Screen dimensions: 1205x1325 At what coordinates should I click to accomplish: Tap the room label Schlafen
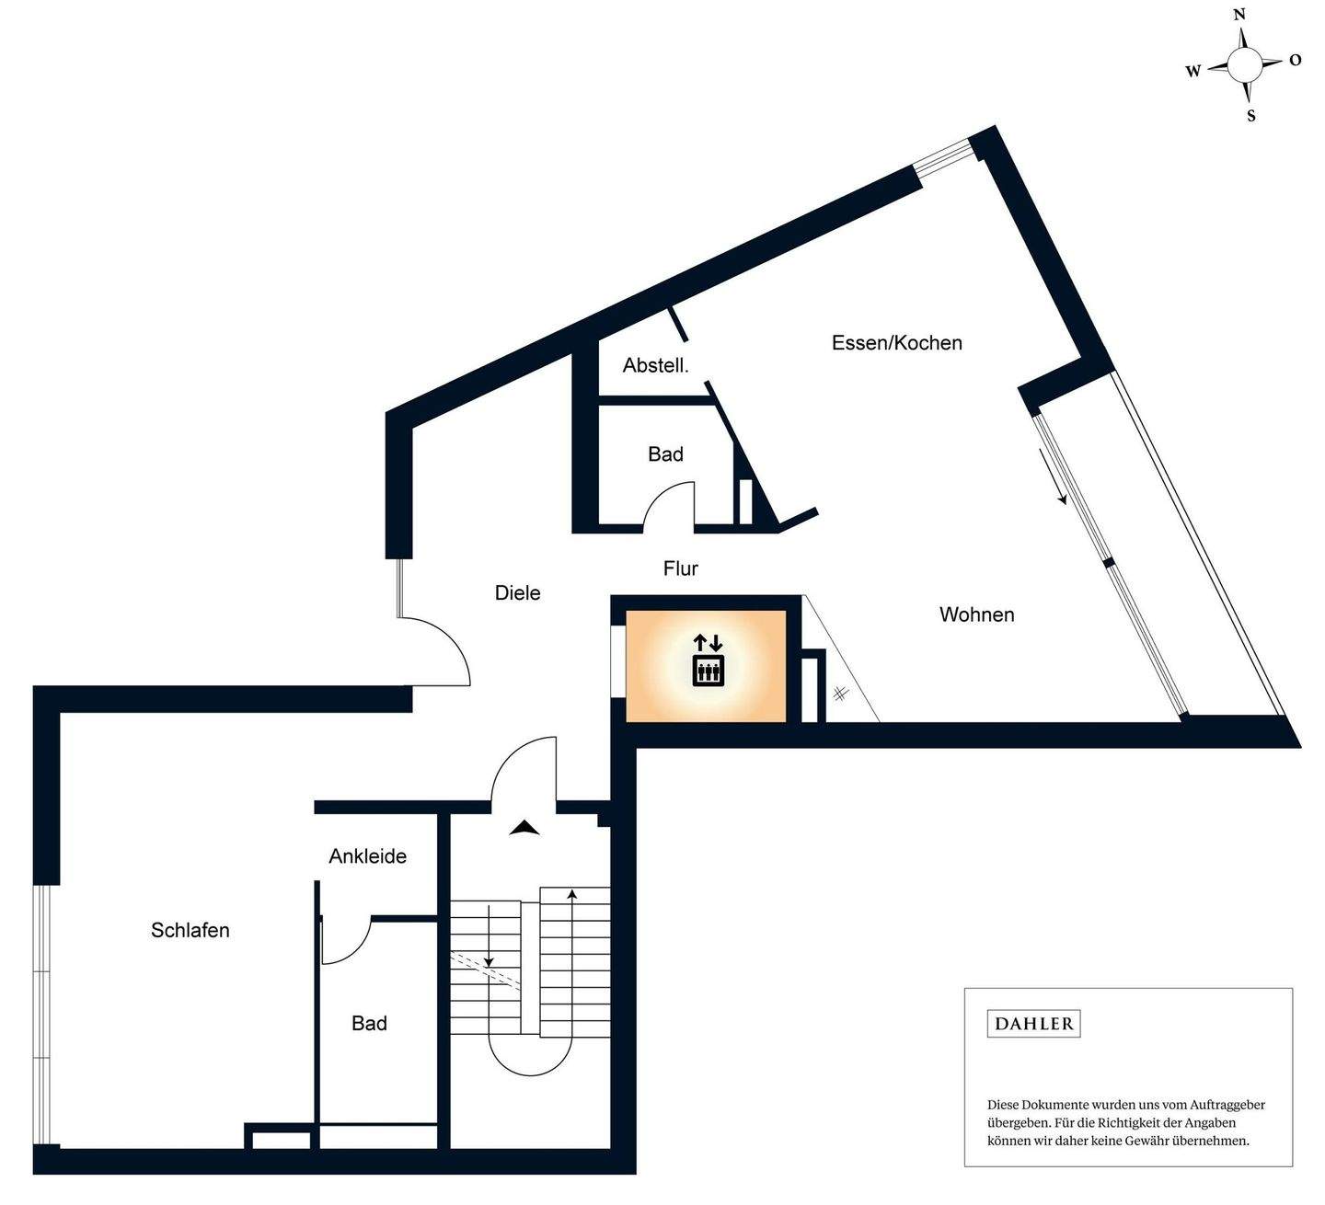tap(190, 930)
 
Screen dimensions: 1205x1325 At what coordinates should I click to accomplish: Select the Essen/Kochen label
tap(896, 343)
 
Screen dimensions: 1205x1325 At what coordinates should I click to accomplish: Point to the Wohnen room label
tap(976, 614)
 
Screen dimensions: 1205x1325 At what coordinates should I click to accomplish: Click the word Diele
tap(517, 593)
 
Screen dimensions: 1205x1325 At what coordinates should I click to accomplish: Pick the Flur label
tap(680, 568)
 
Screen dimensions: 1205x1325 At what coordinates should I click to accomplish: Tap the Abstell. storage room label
tap(655, 365)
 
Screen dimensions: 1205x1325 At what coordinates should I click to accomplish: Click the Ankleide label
tap(367, 856)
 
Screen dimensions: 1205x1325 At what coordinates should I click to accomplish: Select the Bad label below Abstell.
tap(665, 454)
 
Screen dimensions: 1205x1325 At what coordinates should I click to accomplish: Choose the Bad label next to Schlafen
tap(369, 1023)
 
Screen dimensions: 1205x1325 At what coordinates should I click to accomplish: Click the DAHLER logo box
tap(1033, 1024)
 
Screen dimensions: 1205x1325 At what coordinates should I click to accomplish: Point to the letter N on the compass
tap(1239, 15)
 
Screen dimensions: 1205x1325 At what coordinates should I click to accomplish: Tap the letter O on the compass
tap(1296, 61)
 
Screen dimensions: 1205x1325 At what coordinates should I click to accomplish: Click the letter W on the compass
tap(1192, 72)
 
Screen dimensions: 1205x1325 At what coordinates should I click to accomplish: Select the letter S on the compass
tap(1250, 117)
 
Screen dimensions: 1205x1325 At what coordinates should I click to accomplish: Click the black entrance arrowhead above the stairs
tap(524, 828)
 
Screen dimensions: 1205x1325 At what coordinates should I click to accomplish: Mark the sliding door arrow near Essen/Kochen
tap(1053, 476)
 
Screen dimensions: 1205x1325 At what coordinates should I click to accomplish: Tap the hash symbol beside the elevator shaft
tap(840, 694)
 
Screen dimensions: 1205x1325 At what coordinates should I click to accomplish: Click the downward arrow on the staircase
tap(489, 938)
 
